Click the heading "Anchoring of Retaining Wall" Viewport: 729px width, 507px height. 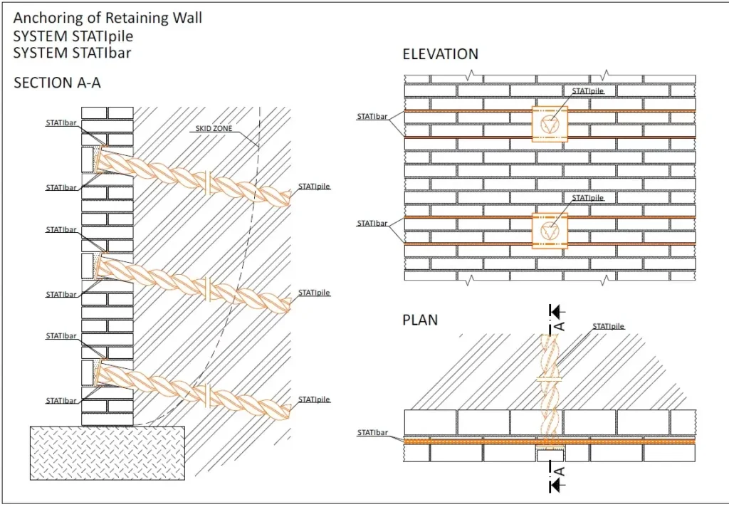(107, 18)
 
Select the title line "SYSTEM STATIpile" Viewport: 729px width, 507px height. (73, 35)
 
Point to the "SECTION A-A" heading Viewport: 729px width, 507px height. (57, 83)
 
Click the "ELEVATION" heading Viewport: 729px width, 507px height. (440, 54)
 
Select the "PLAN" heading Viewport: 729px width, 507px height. (420, 320)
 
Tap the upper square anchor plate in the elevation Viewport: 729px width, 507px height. (550, 124)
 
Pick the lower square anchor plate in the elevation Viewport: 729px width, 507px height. (550, 231)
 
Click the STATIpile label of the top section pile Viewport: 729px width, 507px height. (314, 187)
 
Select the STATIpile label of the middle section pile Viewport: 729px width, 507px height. (314, 293)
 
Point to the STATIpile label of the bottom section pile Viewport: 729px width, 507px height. (314, 399)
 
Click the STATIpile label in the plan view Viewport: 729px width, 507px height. (608, 326)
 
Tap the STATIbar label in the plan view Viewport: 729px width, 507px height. (372, 432)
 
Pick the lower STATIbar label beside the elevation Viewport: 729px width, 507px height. (372, 224)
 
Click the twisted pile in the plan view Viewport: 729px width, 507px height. (550, 385)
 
